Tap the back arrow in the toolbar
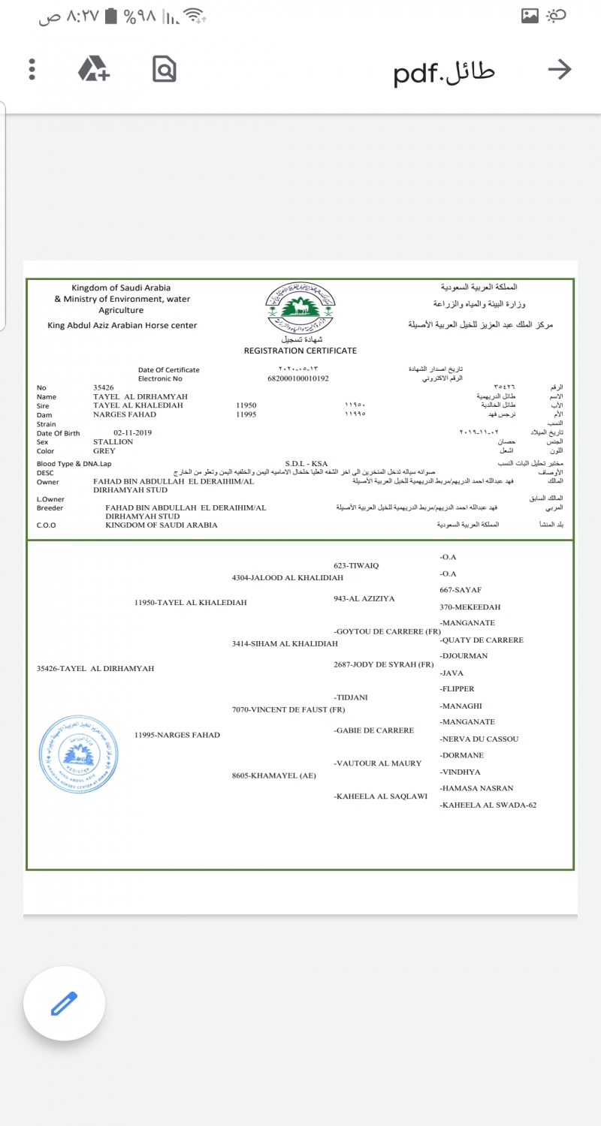[x=560, y=70]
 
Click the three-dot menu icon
[x=32, y=70]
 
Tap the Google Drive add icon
[x=94, y=69]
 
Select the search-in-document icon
[x=164, y=69]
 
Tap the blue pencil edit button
[x=64, y=1004]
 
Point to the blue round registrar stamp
[x=79, y=751]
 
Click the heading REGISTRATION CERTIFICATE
[x=300, y=351]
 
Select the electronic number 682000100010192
[x=298, y=378]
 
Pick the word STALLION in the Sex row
[x=113, y=442]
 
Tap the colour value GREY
[x=104, y=451]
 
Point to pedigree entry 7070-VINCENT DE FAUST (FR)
[x=288, y=709]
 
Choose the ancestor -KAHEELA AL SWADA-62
[x=488, y=805]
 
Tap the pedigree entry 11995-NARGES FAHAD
[x=177, y=735]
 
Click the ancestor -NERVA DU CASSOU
[x=479, y=739]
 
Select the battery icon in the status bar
[x=112, y=16]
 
